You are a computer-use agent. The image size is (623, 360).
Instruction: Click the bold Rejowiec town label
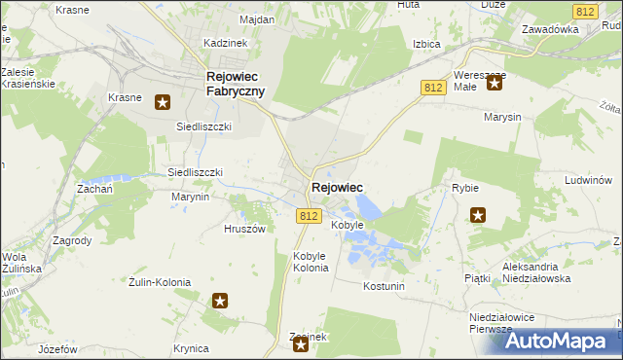coord(337,188)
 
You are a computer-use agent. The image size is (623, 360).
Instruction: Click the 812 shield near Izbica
coord(434,88)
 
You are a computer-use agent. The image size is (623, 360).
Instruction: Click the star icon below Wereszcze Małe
coord(494,83)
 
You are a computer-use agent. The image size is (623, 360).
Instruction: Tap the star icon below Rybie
coord(478,215)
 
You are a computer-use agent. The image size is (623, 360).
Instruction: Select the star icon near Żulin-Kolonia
coord(220,302)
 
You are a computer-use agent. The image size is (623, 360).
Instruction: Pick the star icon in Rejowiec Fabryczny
coord(163,100)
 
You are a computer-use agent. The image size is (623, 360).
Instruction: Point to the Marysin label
coord(501,117)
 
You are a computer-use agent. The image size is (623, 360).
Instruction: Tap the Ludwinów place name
coord(587,180)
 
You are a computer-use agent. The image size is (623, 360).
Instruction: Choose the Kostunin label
coord(383,286)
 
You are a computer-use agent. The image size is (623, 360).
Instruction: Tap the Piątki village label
coord(477,278)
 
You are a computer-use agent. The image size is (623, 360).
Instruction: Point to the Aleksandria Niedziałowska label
coord(543,271)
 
